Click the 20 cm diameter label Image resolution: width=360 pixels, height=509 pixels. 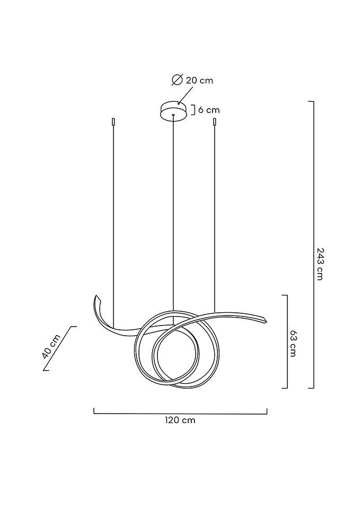tap(199, 80)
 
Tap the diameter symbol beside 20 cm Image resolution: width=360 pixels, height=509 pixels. tap(177, 80)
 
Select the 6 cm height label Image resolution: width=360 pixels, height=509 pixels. tap(208, 110)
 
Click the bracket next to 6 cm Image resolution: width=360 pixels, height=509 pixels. tap(193, 110)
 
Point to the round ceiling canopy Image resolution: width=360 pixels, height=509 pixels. tap(174, 111)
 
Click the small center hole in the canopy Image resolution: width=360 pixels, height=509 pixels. tap(173, 115)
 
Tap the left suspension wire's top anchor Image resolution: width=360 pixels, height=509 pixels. tap(113, 122)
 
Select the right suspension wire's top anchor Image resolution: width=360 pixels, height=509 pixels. tap(214, 122)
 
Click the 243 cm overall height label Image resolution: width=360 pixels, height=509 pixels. tap(320, 264)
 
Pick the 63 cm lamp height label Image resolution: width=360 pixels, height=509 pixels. tap(293, 344)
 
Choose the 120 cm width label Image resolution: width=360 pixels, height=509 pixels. tap(180, 420)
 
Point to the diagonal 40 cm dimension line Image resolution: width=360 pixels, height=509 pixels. tap(59, 348)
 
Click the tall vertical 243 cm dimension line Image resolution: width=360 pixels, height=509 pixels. tap(313, 245)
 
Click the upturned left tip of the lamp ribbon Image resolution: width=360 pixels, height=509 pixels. tap(96, 296)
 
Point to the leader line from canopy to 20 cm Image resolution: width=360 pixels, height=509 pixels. tap(185, 95)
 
